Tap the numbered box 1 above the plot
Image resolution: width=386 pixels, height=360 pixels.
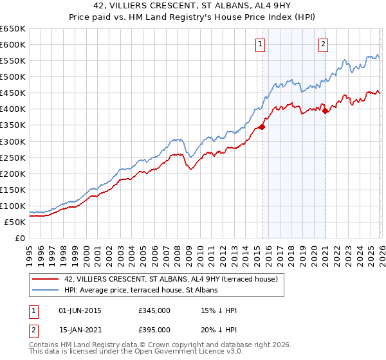point(260,44)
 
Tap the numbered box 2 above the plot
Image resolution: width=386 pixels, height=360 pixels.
point(323,44)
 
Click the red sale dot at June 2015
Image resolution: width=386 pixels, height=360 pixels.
point(262,126)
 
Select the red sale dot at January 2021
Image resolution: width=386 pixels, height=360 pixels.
point(326,111)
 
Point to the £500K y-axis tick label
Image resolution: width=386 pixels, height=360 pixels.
point(13,77)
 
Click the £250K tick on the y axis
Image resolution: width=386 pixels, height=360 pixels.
point(13,157)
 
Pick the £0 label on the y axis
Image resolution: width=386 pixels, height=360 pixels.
point(21,239)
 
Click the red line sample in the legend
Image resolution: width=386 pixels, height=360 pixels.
point(45,279)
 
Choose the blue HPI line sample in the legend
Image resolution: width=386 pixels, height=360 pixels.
point(45,290)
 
